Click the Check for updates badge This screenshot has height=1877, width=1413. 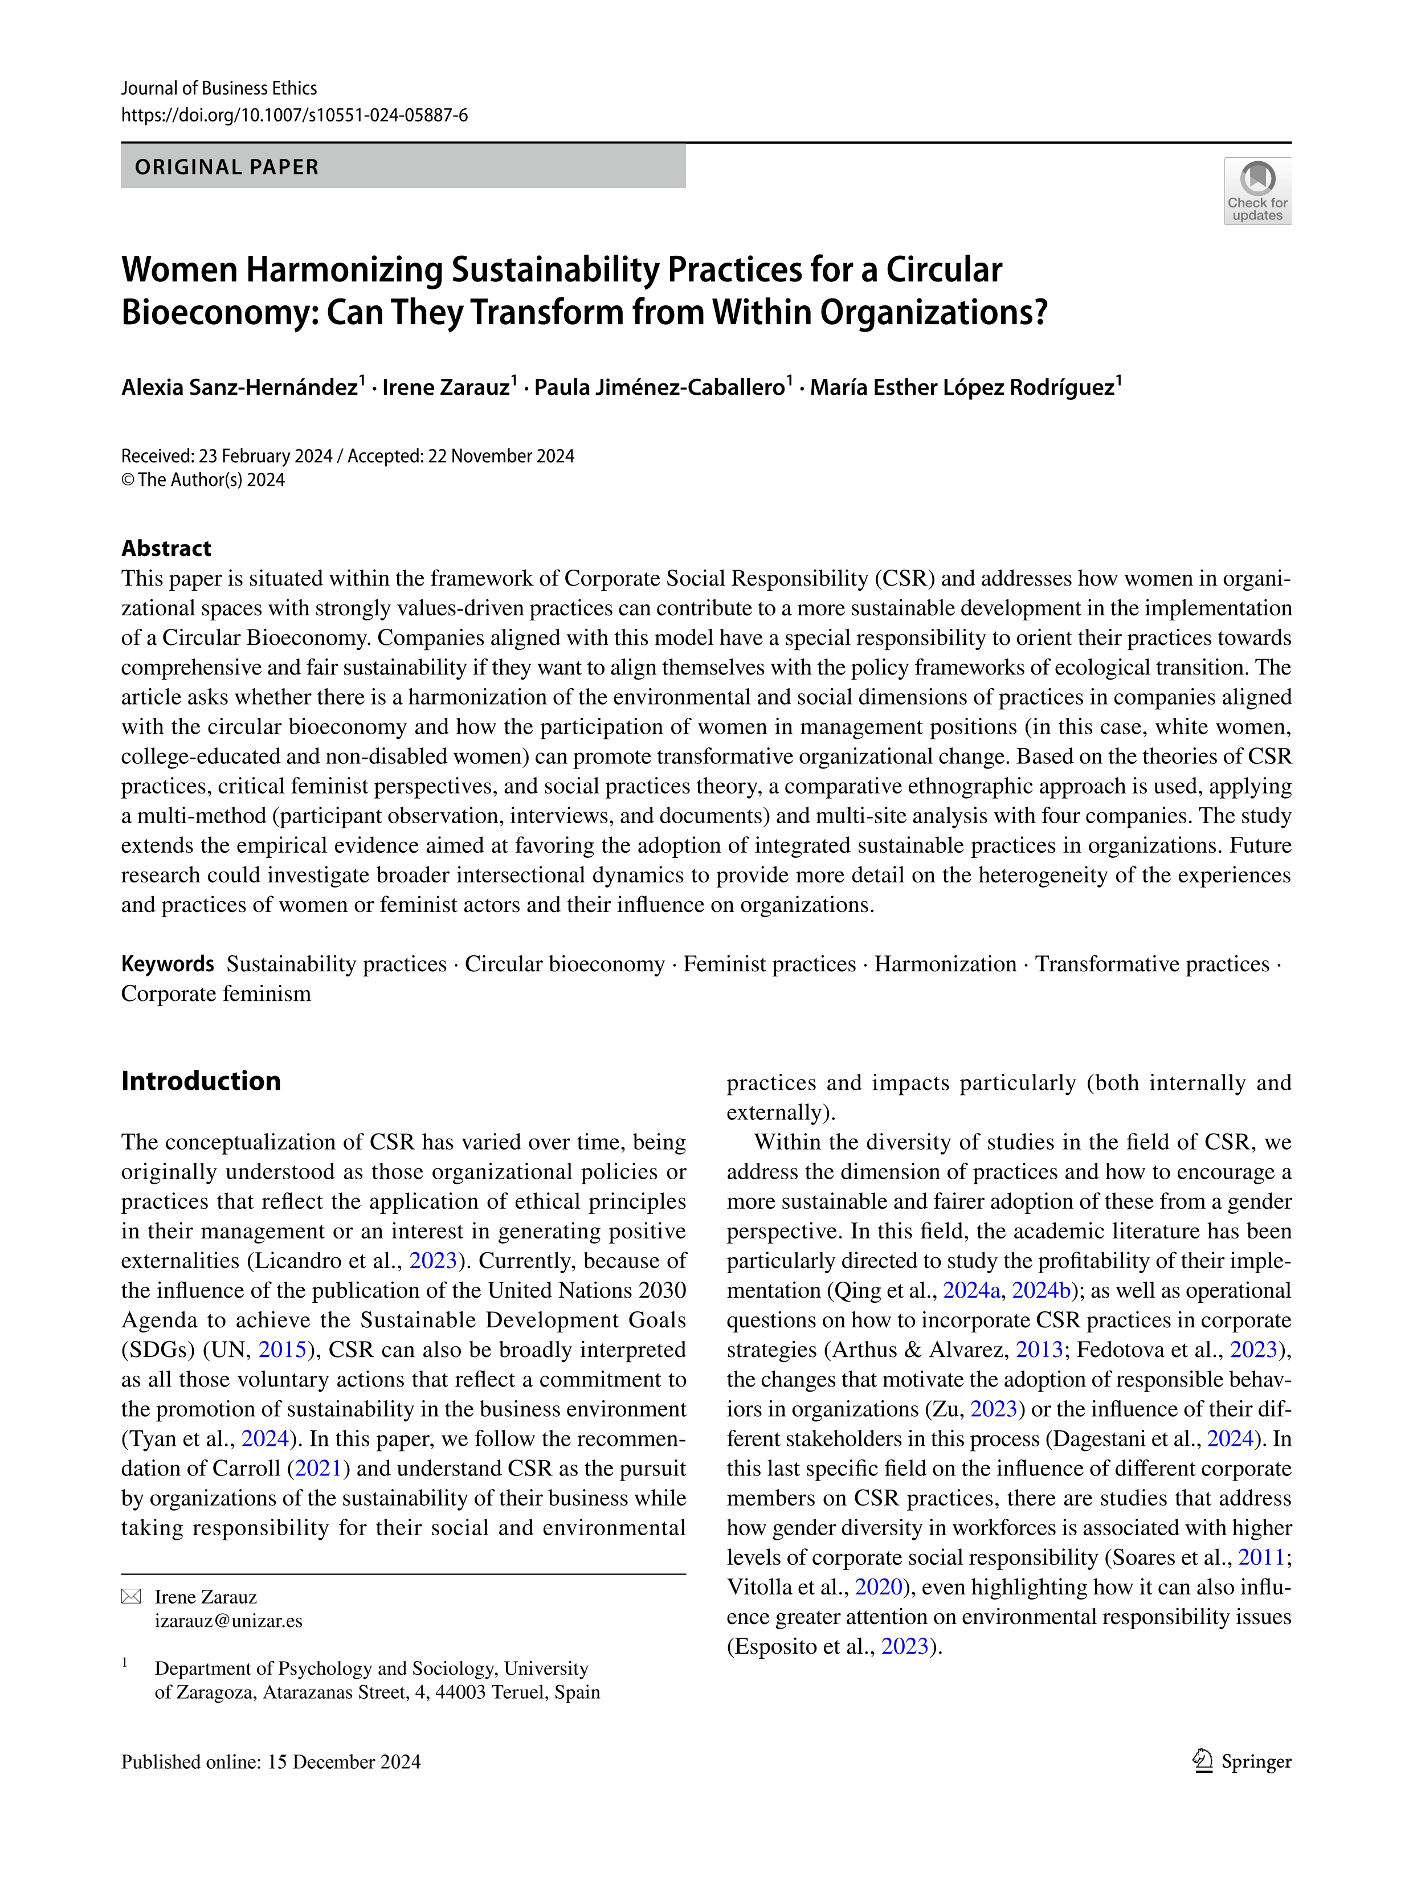(1257, 191)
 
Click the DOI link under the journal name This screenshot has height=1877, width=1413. (295, 116)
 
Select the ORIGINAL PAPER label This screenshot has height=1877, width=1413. (227, 167)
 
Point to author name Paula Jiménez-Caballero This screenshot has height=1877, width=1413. (659, 388)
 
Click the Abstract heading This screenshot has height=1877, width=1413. (166, 548)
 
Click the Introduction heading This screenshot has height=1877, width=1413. (201, 1081)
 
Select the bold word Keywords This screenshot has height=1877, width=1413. (167, 964)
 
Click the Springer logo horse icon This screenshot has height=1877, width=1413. (1203, 1761)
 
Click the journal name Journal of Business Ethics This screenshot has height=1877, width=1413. (219, 88)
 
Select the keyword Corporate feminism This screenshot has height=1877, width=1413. (217, 993)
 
